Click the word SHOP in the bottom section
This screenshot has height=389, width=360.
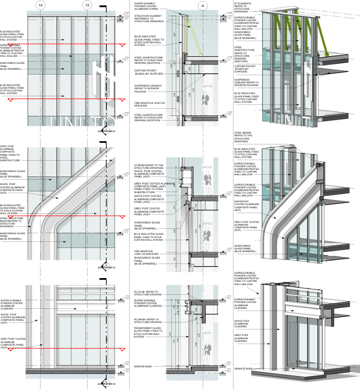[x=206, y=332]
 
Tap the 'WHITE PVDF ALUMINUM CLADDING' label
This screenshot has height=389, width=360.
[x=242, y=324]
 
